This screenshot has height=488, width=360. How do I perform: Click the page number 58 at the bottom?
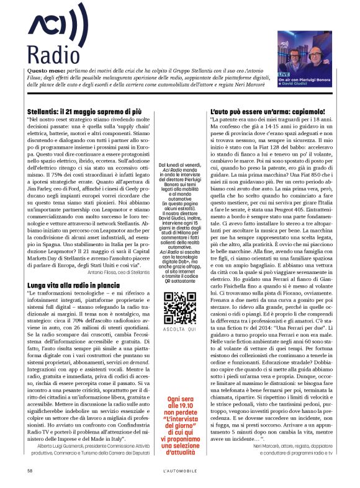coord(29,470)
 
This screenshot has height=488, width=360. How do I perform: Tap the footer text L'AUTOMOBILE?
coord(180,470)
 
